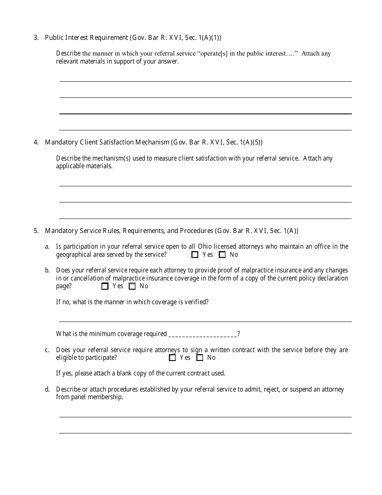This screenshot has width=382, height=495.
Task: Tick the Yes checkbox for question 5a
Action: pos(195,255)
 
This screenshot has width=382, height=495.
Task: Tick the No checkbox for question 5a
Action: pos(222,255)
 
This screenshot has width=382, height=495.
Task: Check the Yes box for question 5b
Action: pos(105,286)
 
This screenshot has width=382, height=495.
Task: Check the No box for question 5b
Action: pos(132,286)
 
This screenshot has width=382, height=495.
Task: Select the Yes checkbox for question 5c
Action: pos(173,358)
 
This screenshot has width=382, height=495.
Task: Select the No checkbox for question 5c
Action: pos(200,358)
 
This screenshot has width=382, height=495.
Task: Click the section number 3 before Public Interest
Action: pos(36,38)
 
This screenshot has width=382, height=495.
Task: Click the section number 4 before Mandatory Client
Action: pos(36,142)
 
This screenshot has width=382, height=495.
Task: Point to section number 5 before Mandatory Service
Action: pos(36,231)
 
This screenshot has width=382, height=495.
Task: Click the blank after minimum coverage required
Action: pos(203,334)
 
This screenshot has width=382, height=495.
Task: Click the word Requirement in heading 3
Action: pos(109,38)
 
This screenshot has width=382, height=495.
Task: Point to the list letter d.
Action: pos(47,390)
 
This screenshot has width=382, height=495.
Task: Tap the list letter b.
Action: pos(47,270)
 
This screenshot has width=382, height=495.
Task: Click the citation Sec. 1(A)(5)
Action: pos(244,142)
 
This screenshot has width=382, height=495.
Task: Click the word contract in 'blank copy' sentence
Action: pos(200,373)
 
